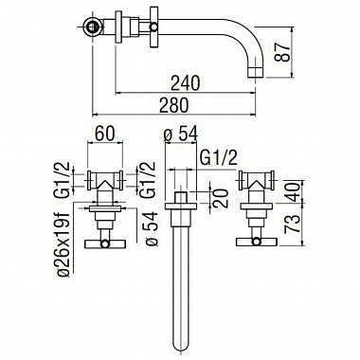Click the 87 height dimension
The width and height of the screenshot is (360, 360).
click(283, 52)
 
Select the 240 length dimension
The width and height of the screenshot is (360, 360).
click(186, 82)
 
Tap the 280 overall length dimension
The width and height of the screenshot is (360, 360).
click(174, 105)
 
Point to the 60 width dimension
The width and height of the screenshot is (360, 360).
click(105, 134)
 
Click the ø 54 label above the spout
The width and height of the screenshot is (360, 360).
click(181, 134)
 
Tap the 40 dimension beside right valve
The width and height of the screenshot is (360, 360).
click(292, 192)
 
